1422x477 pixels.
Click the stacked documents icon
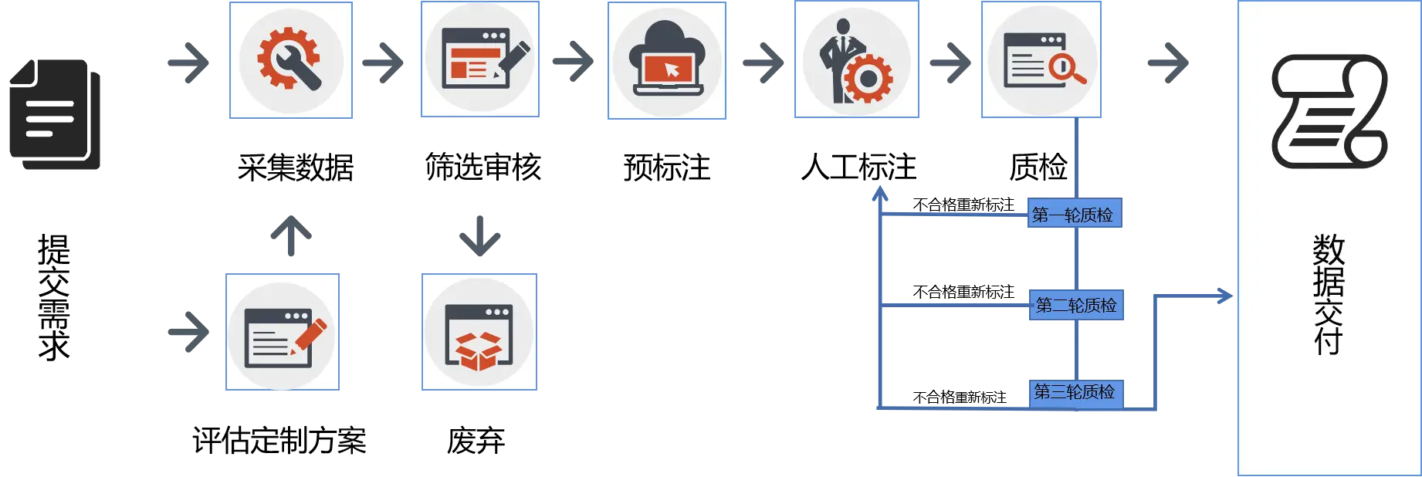(x=55, y=114)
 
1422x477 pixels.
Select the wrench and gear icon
(x=290, y=59)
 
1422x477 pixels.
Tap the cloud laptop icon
(x=667, y=60)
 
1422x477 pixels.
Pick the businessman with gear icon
(x=856, y=60)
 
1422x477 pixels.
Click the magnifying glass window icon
(x=1041, y=59)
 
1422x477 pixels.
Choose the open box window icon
(x=479, y=333)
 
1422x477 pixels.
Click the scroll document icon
(x=1329, y=111)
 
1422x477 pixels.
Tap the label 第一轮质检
(x=1073, y=215)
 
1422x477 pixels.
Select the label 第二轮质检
(x=1076, y=306)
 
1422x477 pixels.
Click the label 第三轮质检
(x=1075, y=392)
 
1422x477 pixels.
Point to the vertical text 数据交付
(x=1329, y=293)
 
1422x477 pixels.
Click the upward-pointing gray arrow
(x=291, y=235)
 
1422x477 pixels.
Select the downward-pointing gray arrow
(x=480, y=236)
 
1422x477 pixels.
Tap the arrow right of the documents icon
(x=189, y=62)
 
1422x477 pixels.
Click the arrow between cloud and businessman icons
(x=763, y=63)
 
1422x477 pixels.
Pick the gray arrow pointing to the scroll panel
(x=1168, y=63)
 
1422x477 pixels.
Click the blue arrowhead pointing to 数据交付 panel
(x=1224, y=296)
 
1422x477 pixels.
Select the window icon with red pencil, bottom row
(x=283, y=333)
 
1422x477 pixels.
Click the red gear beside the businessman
(x=868, y=78)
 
